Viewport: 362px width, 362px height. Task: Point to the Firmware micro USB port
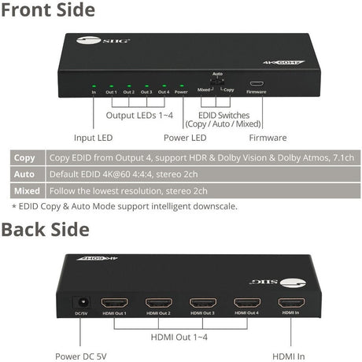tap(256, 83)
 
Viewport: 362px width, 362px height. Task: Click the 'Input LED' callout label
tap(94, 137)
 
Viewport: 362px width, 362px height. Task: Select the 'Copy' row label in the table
tap(26, 157)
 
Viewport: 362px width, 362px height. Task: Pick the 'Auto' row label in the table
tap(26, 174)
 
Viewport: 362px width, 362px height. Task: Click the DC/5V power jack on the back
tap(79, 302)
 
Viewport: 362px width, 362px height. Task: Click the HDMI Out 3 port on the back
tap(202, 303)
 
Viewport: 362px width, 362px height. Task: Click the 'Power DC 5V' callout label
tap(79, 355)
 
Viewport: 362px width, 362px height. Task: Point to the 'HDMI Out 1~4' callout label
tap(181, 337)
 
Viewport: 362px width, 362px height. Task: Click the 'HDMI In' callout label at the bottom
tap(289, 355)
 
